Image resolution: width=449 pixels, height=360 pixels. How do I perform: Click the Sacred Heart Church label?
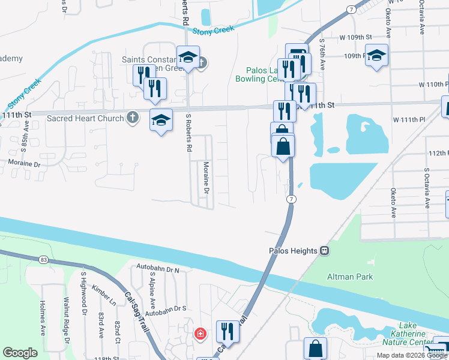coord(85,118)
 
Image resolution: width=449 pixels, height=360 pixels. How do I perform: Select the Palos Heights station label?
coord(292,251)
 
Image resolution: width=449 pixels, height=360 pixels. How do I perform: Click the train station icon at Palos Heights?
coord(324,251)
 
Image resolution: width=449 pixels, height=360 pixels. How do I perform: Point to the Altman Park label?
coord(349,277)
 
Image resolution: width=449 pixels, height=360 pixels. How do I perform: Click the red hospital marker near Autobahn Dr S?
coord(199,333)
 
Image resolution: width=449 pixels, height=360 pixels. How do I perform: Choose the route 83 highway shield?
coord(42,259)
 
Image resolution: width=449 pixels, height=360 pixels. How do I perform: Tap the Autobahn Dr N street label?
coord(158,270)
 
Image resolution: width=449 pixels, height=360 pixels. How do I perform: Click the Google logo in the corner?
coord(20,353)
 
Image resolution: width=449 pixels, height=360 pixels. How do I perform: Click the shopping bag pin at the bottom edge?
coord(315,349)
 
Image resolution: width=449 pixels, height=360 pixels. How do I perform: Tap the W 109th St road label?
coord(346,37)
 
